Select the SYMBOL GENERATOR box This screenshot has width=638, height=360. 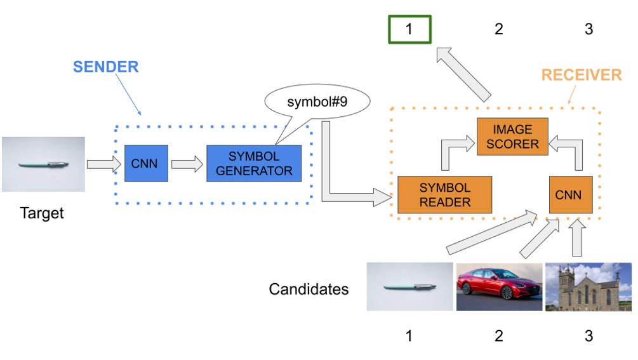pyautogui.click(x=254, y=163)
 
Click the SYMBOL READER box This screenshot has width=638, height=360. pyautogui.click(x=445, y=194)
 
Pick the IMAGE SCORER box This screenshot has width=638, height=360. pyautogui.click(x=512, y=136)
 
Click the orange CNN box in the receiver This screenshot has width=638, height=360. pyautogui.click(x=571, y=194)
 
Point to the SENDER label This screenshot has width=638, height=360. pyautogui.click(x=105, y=67)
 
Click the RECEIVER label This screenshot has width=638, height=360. pyautogui.click(x=581, y=76)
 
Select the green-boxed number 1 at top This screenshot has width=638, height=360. pyautogui.click(x=409, y=29)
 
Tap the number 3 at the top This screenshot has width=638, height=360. pyautogui.click(x=588, y=29)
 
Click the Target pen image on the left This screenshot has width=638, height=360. pyautogui.click(x=43, y=164)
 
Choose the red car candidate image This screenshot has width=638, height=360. pyautogui.click(x=499, y=286)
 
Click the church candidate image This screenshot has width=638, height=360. pyautogui.click(x=588, y=286)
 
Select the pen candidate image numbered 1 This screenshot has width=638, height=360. pyautogui.click(x=410, y=286)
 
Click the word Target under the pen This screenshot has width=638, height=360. pyautogui.click(x=42, y=213)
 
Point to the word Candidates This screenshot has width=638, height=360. pyautogui.click(x=309, y=290)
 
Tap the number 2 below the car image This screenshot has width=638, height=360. pyautogui.click(x=499, y=335)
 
